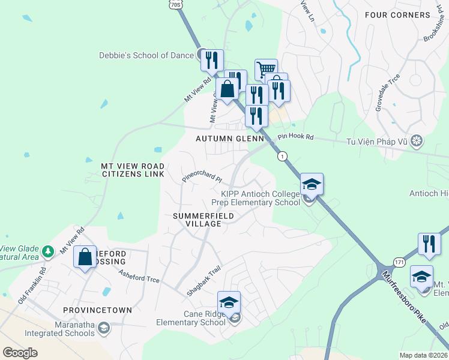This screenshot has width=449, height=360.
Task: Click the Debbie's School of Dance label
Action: click(146, 55)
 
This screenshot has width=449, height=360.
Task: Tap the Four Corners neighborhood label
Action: click(406, 15)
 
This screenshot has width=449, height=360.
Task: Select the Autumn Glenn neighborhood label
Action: click(230, 139)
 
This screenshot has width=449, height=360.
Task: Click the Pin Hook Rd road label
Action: click(295, 137)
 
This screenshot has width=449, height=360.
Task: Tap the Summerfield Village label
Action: click(197, 220)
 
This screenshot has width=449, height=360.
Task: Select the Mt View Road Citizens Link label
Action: click(132, 169)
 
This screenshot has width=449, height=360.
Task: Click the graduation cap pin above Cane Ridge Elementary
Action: click(229, 303)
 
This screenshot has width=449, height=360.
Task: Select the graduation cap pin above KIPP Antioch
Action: click(312, 184)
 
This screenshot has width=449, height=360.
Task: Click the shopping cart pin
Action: click(266, 69)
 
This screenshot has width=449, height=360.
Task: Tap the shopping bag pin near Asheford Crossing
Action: click(85, 257)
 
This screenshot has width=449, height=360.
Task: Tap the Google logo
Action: click(20, 352)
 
